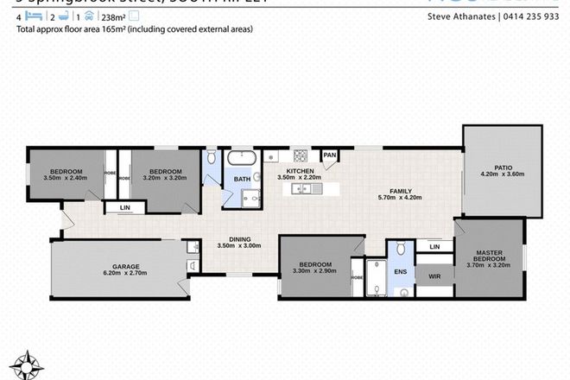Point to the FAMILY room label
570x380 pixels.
point(399,191)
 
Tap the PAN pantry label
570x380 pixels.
point(329,156)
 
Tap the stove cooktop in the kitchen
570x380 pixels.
point(301,156)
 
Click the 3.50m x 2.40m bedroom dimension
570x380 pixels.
point(65,179)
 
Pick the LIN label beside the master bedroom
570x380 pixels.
point(433,248)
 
